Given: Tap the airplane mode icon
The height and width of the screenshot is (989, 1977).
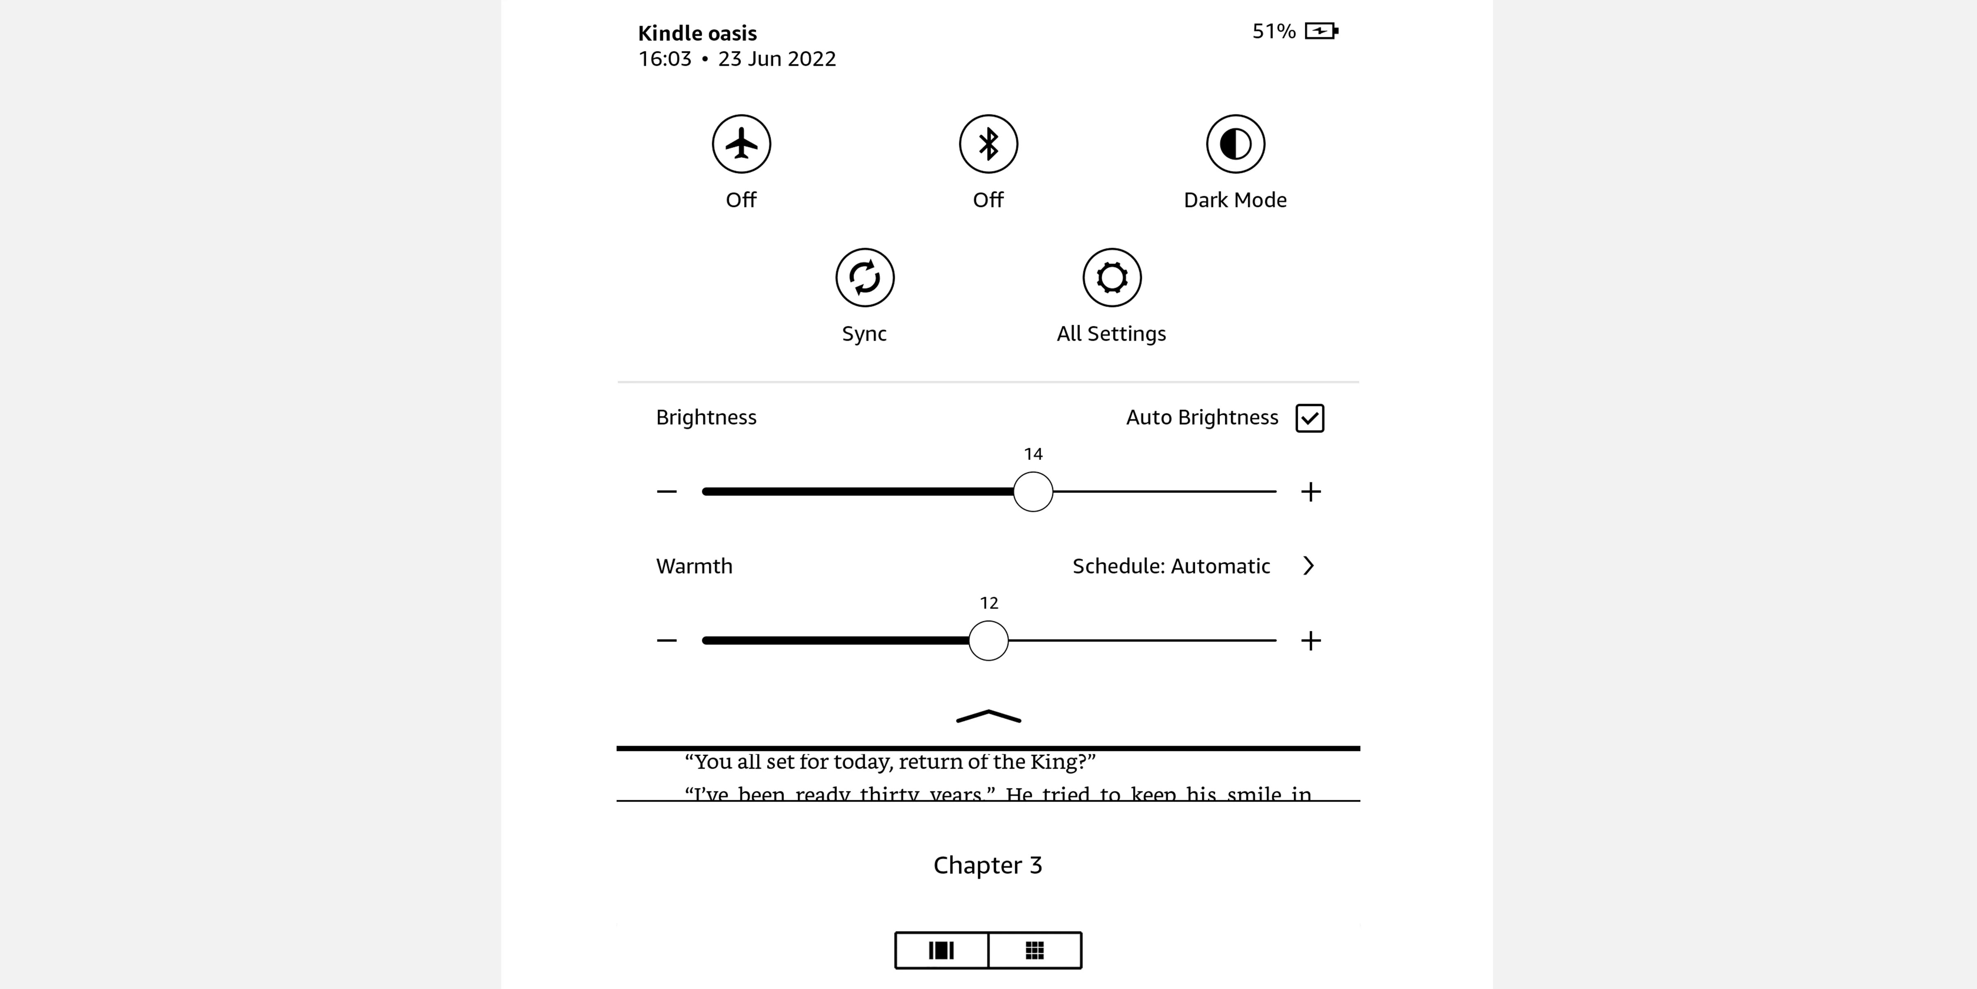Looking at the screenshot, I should (x=741, y=143).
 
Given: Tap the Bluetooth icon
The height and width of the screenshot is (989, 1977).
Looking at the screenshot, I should (x=988, y=143).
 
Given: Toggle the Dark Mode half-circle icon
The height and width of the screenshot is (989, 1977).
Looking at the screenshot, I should (x=1235, y=143).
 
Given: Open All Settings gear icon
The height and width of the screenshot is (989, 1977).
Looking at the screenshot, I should (x=1111, y=277).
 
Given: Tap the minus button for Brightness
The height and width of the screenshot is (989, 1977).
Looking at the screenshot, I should (x=666, y=492).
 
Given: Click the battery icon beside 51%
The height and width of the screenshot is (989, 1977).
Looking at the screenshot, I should (x=1321, y=31).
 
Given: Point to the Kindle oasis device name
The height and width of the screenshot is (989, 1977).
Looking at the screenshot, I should (x=697, y=33).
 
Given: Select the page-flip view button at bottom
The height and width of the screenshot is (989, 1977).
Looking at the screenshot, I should (x=941, y=951).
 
